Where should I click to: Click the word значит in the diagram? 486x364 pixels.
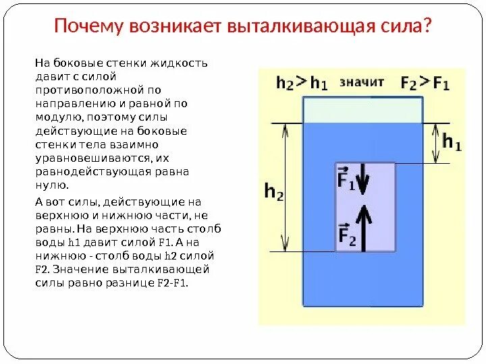[x=362, y=82]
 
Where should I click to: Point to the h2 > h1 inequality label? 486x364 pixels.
[x=302, y=83]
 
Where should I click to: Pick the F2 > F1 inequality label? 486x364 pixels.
[x=425, y=83]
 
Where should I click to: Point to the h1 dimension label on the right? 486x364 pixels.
[x=452, y=143]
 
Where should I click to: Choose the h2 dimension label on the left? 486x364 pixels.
[x=273, y=192]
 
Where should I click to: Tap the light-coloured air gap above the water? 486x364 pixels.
[x=363, y=109]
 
